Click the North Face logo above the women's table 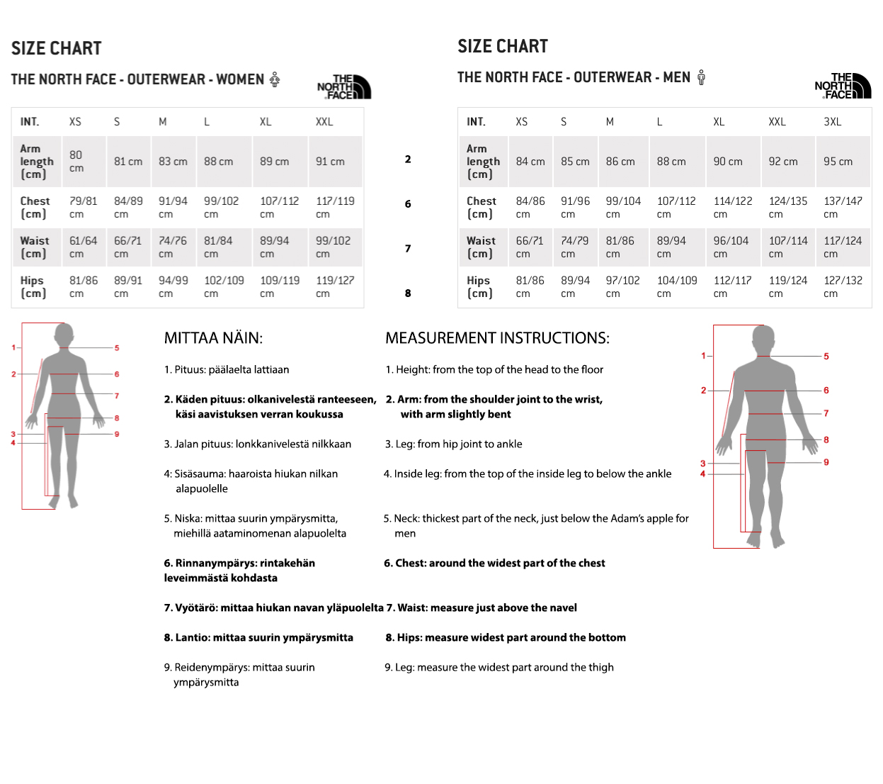(344, 86)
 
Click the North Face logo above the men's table (843, 86)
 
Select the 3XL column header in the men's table (832, 122)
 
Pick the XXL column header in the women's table (324, 122)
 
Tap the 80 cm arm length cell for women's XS (76, 162)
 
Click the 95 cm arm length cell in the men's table (838, 162)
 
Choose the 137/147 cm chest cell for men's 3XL (843, 207)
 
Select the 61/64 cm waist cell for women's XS (84, 247)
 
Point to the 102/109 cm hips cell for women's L (224, 286)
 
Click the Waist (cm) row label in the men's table (481, 247)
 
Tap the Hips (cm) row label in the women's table (33, 286)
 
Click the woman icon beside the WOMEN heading (275, 79)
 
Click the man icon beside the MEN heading (701, 77)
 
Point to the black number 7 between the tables (407, 249)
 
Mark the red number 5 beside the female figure (117, 348)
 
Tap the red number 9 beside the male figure (826, 462)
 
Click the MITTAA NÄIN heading (213, 338)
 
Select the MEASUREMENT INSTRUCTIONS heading (497, 338)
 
